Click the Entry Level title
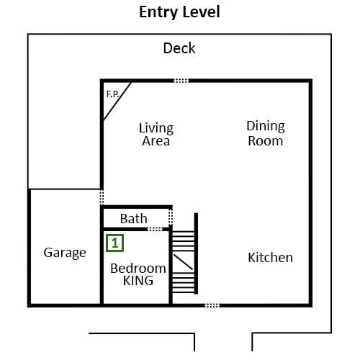point(179,12)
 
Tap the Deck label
point(179,48)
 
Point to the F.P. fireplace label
point(113,94)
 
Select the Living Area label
point(156,135)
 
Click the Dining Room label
point(266,133)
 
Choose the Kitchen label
point(271,258)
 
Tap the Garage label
point(65,253)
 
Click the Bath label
point(134,219)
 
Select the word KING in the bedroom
point(138,281)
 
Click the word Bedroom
point(138,269)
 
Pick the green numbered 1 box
point(115,243)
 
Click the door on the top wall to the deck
point(181,81)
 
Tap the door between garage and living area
point(102,197)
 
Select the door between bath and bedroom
point(155,229)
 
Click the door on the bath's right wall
point(171,217)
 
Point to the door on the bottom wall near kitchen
point(212,305)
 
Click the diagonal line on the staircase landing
point(183,262)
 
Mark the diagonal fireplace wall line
point(117,102)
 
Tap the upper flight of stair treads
point(184,241)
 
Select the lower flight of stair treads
point(184,282)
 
